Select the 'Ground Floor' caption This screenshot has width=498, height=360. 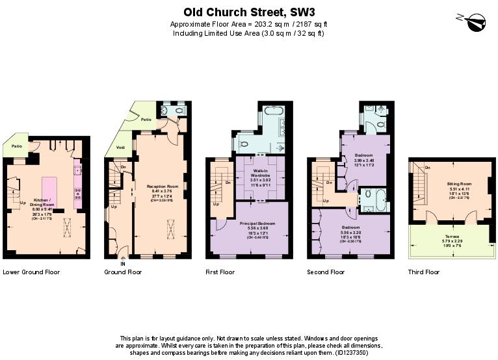pyautogui.click(x=123, y=272)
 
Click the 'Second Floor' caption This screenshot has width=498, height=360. pyautogui.click(x=326, y=272)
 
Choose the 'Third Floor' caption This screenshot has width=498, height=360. pyautogui.click(x=424, y=272)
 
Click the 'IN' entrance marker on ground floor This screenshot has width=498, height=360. pyautogui.click(x=122, y=263)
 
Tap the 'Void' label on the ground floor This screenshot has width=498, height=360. pyautogui.click(x=120, y=148)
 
